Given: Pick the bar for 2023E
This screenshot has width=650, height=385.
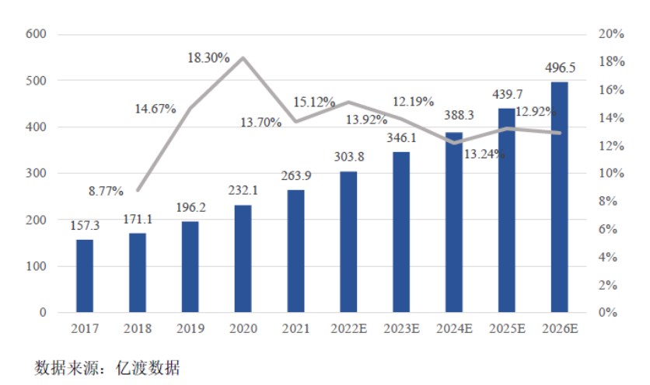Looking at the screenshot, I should (401, 232).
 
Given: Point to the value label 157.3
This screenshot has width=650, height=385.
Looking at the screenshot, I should (85, 227).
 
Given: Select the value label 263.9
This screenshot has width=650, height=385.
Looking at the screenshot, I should (296, 178).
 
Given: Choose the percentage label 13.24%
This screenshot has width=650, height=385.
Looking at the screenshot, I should (484, 154).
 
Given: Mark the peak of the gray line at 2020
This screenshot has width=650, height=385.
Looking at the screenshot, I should (243, 58).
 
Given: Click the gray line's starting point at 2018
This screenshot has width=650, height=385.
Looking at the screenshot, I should (138, 190).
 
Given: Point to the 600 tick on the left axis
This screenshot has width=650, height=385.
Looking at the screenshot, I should (36, 34).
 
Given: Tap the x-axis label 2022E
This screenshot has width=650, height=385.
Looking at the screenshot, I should (348, 328).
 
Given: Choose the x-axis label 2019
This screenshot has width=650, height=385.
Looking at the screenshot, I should (190, 328).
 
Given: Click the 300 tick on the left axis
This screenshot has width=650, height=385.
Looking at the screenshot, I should (36, 173).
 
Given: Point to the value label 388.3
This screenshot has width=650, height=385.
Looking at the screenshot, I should (454, 114).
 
